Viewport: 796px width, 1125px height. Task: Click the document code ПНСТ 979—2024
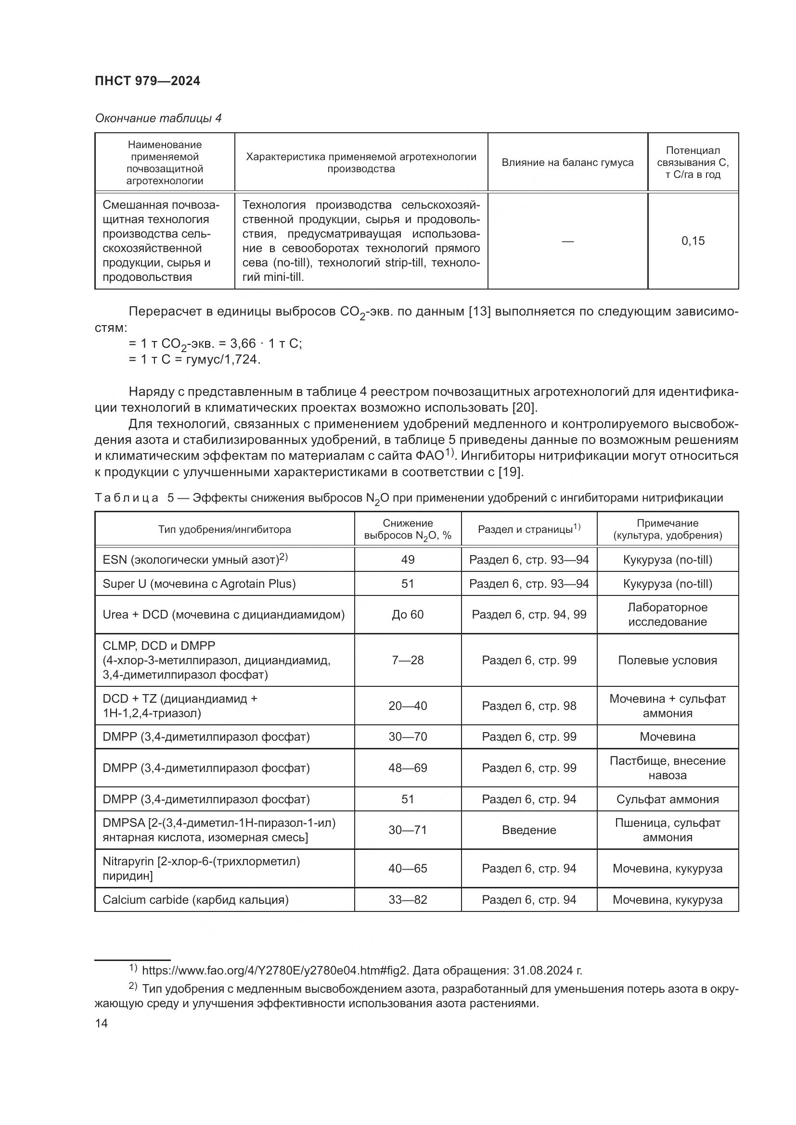148,81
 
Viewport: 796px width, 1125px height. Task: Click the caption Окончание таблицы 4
158,118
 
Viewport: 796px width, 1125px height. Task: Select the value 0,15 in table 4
693,240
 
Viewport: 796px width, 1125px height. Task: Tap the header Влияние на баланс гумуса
567,163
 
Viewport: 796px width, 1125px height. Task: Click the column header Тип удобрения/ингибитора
224,529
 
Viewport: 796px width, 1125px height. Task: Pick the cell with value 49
407,559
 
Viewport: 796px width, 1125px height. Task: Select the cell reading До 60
407,614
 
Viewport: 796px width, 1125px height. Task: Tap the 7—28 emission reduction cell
407,660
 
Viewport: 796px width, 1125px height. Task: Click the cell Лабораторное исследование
667,614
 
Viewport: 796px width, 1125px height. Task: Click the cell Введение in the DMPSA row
529,830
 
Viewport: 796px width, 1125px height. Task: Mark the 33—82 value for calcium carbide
407,899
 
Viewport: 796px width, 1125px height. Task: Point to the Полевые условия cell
667,660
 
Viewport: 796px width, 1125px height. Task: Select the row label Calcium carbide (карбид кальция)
195,899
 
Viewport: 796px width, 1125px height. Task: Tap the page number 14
102,1023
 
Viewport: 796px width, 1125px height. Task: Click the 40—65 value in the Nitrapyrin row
407,868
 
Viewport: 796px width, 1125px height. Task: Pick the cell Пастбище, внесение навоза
667,768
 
